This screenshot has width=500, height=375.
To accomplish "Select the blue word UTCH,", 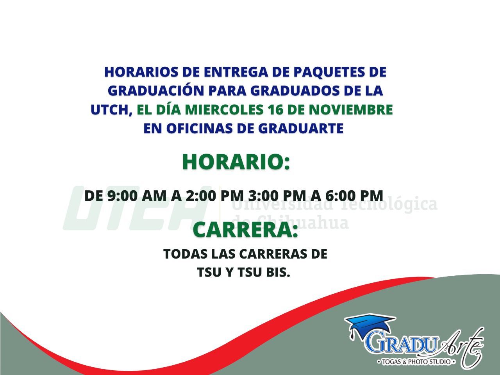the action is pyautogui.click(x=112, y=110).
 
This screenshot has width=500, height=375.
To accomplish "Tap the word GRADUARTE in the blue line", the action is pyautogui.click(x=301, y=129).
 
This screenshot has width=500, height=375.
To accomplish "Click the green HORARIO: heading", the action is pyautogui.click(x=236, y=162).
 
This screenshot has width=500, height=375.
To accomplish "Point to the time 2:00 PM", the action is pyautogui.click(x=215, y=196).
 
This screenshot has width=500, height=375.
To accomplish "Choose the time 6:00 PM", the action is pyautogui.click(x=354, y=196).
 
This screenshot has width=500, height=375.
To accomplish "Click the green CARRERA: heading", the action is pyautogui.click(x=245, y=230).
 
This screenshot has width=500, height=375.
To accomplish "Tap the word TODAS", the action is pyautogui.click(x=185, y=254).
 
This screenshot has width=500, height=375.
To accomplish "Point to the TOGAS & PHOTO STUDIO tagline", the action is pyautogui.click(x=416, y=361).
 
